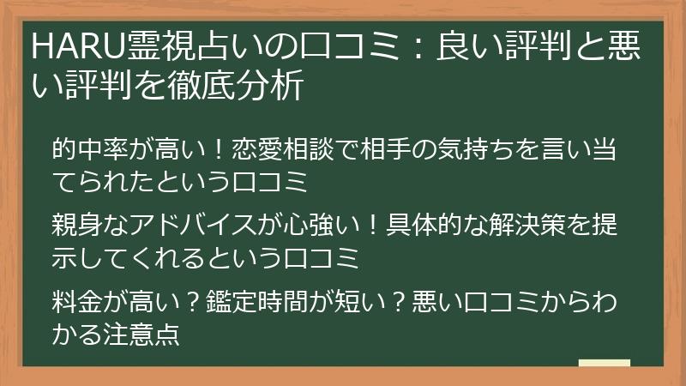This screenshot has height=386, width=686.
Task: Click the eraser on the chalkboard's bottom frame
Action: [x=605, y=364]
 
